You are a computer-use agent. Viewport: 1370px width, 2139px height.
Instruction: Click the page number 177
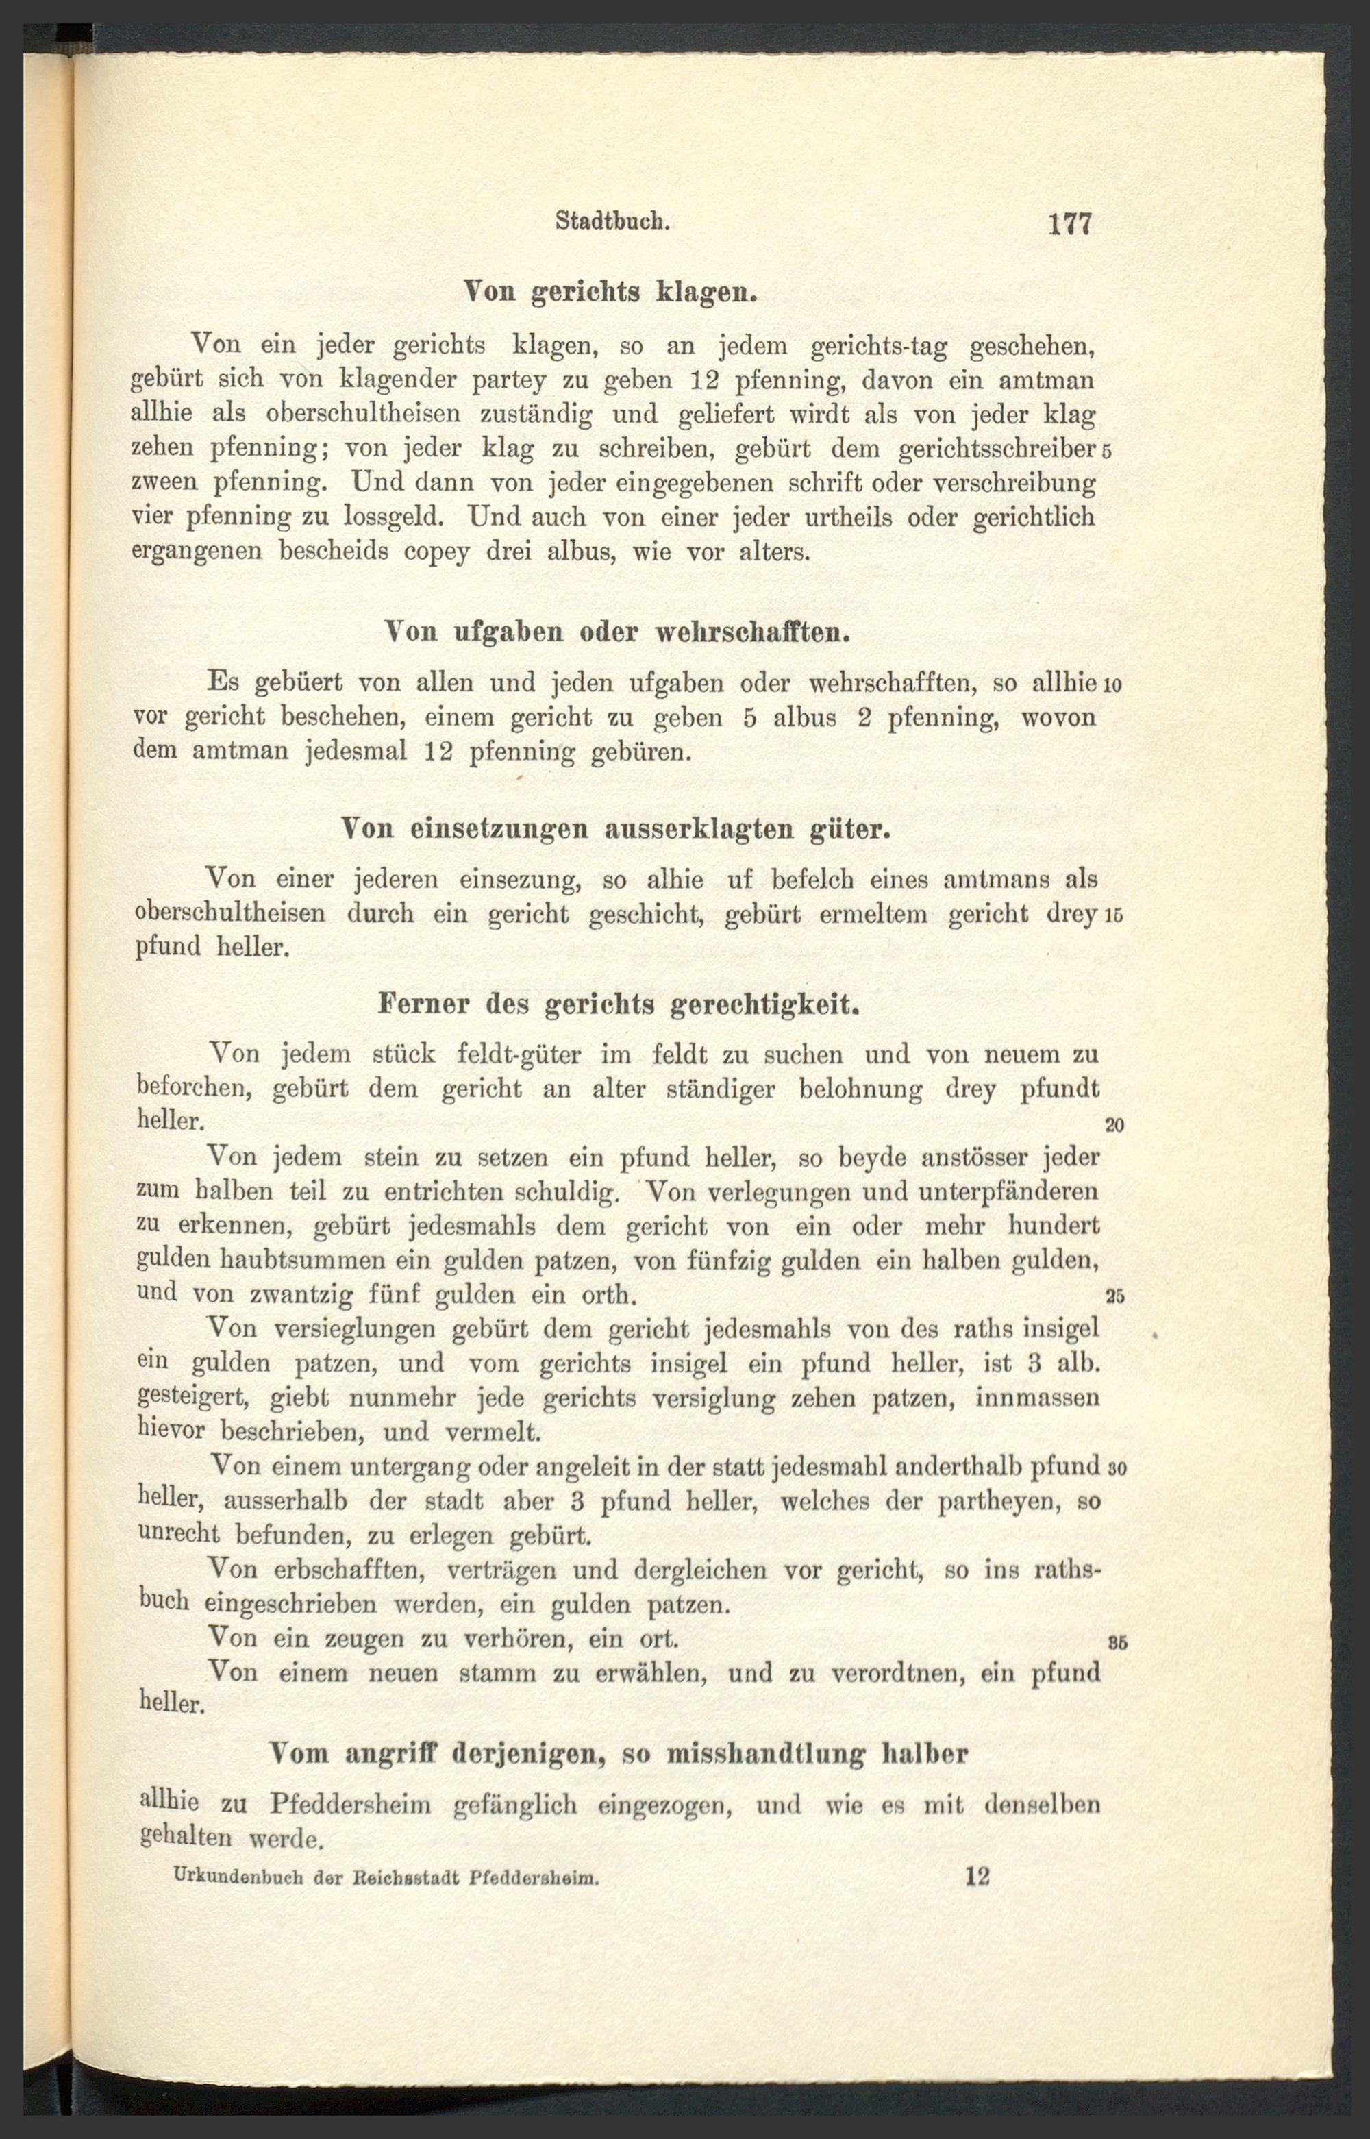[x=1069, y=224]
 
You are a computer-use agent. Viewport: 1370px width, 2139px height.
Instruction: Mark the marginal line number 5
[x=1107, y=451]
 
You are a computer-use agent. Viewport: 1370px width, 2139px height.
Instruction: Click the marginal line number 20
[x=1114, y=1126]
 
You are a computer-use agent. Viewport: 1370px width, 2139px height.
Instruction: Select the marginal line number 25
[x=1114, y=1296]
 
